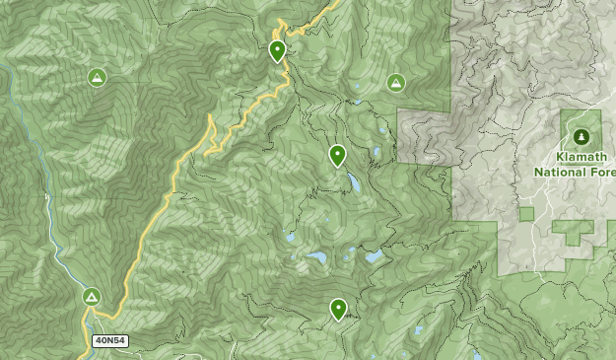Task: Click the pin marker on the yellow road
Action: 278,50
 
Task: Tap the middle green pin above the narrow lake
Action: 337,155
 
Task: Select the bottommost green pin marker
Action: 338,309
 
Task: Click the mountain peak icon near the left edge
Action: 97,77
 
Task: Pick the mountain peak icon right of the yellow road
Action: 396,83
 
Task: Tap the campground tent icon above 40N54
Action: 92,296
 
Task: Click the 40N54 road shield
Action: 109,340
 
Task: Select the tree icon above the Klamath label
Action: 582,135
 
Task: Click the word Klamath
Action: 582,158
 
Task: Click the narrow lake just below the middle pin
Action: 352,182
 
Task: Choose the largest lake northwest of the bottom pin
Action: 317,257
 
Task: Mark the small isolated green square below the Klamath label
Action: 526,213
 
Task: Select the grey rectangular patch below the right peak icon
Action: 424,136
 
